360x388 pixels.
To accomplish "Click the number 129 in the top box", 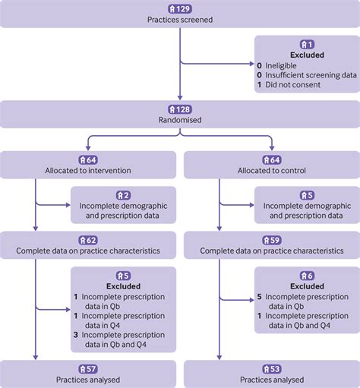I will (183, 7).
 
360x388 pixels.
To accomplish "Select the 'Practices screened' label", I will (179, 18).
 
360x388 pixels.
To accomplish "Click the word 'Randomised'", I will (179, 118).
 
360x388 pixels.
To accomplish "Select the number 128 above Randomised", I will (183, 107).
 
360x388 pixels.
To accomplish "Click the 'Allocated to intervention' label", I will (90, 171).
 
